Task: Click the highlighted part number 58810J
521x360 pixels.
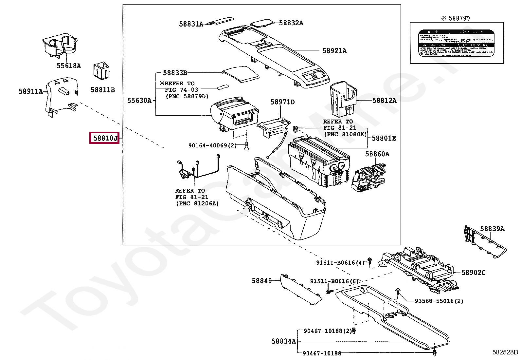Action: click(x=104, y=138)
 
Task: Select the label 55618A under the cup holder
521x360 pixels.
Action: click(x=68, y=66)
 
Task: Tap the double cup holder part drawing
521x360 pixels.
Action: click(x=61, y=46)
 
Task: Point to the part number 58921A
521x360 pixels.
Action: click(x=334, y=50)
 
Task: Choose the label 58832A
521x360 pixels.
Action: click(x=291, y=23)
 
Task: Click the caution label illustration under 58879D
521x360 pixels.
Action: click(x=457, y=43)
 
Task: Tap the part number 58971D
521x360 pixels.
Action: click(x=282, y=102)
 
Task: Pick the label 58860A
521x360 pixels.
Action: click(x=377, y=154)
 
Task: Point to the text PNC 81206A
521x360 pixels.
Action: click(x=197, y=203)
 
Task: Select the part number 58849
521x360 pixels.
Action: click(x=261, y=281)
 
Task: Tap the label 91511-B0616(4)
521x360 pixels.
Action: click(x=340, y=262)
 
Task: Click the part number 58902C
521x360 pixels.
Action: click(x=473, y=273)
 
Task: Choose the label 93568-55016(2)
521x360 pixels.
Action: click(x=439, y=301)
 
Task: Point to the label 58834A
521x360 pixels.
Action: click(x=283, y=341)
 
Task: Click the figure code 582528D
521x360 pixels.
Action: click(x=505, y=352)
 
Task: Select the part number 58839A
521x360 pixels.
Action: click(x=492, y=229)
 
